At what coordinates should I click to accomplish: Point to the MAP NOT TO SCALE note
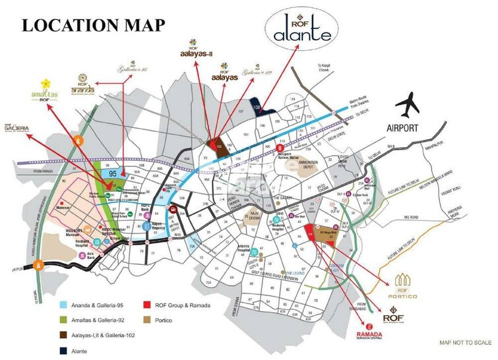point(466,342)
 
